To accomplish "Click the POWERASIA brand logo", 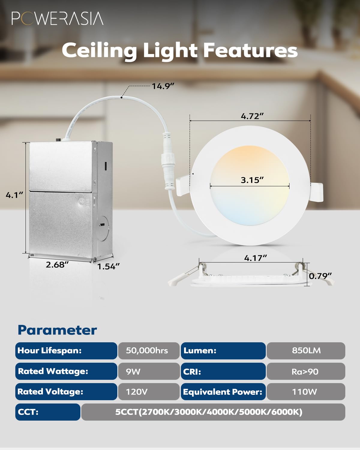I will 57,19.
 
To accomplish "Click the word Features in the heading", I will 250,50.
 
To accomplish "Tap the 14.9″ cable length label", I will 163,86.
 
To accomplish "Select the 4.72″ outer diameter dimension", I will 252,116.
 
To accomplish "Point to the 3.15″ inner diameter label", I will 252,180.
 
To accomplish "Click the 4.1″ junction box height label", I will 14,195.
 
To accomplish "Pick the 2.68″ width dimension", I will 57,265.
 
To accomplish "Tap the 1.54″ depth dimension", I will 108,266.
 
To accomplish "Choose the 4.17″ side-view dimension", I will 255,258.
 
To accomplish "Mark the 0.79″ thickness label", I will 320,276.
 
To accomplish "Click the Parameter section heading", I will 57,330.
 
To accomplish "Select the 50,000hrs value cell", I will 147,351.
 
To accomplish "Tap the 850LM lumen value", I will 306,351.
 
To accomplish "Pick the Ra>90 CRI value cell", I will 305,372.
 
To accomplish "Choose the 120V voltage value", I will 137,392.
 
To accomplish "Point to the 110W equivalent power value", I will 304,392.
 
